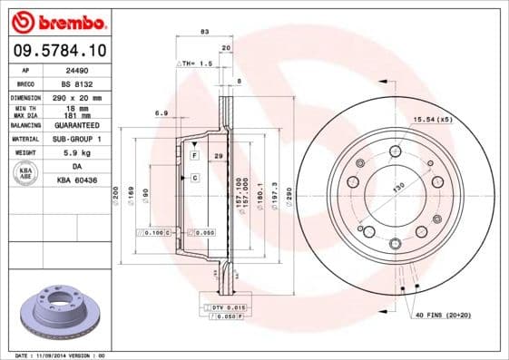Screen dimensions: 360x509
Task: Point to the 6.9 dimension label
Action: pyautogui.click(x=162, y=113)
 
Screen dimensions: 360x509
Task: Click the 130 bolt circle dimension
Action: pyautogui.click(x=396, y=189)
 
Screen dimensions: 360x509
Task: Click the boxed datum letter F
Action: pyautogui.click(x=194, y=157)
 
